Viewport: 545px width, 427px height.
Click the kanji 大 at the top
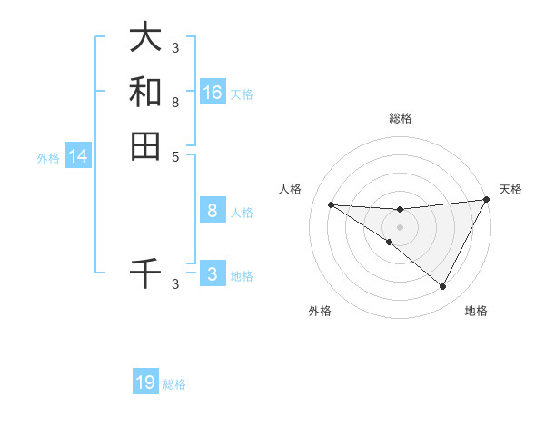(x=145, y=37)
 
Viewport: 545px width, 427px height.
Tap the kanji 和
(x=145, y=92)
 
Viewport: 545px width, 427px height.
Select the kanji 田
(x=145, y=145)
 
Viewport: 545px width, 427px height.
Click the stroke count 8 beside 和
(x=175, y=103)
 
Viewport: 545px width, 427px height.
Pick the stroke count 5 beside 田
(x=175, y=156)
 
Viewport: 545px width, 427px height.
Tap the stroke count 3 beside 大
(x=175, y=48)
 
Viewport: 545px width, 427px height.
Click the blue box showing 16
(x=213, y=93)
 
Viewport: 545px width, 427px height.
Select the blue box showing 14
(x=78, y=156)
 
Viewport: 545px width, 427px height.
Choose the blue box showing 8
(x=213, y=211)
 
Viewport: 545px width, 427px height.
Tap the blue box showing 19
(x=145, y=382)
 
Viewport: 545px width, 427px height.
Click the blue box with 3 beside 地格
(x=213, y=274)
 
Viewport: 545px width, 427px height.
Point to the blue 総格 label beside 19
(x=175, y=384)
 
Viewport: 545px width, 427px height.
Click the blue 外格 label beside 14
(x=48, y=158)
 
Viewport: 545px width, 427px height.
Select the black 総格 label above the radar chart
(x=400, y=118)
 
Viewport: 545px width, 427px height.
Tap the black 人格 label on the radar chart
(x=291, y=189)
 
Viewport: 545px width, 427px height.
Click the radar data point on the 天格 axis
(x=487, y=200)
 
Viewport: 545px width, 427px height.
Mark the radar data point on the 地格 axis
(x=443, y=287)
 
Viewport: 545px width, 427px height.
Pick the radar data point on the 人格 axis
(x=331, y=204)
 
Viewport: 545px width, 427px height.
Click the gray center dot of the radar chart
(x=400, y=226)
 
